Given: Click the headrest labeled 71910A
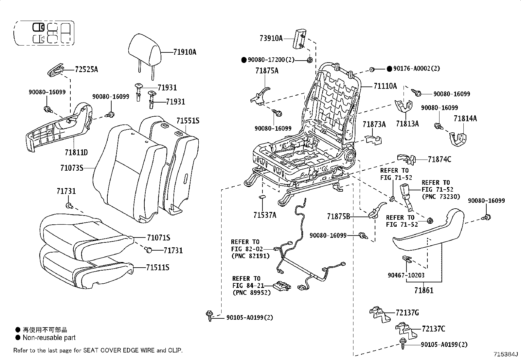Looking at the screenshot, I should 144,51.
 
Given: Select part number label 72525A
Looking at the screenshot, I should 86,69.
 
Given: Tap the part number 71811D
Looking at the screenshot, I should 76,152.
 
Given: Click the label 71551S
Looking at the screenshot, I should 188,121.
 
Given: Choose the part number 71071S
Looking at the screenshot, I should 158,238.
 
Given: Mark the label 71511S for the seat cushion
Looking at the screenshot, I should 158,268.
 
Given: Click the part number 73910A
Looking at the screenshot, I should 271,38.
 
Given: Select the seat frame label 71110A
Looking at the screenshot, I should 385,86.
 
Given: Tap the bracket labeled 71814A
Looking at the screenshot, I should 465,119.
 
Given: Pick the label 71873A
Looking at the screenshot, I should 374,124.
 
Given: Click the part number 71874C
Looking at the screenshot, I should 440,160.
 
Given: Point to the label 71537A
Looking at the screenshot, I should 265,215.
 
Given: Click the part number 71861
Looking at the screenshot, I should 423,290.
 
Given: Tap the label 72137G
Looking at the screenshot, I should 407,313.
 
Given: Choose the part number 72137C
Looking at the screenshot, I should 433,329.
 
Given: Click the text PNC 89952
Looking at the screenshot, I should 252,293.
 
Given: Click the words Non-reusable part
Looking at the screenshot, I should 49,338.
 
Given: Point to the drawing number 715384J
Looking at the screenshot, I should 506,354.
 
